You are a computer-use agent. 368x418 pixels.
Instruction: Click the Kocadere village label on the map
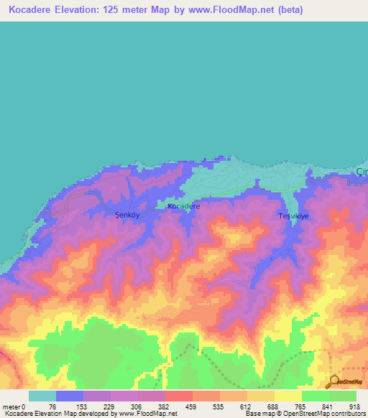pos(183,206)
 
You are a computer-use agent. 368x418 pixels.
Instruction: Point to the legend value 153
pos(83,407)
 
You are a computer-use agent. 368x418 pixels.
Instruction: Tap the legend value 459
pos(192,407)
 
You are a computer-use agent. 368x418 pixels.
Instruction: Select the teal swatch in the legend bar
pos(42,396)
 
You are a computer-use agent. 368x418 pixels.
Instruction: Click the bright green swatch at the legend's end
pos(343,396)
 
